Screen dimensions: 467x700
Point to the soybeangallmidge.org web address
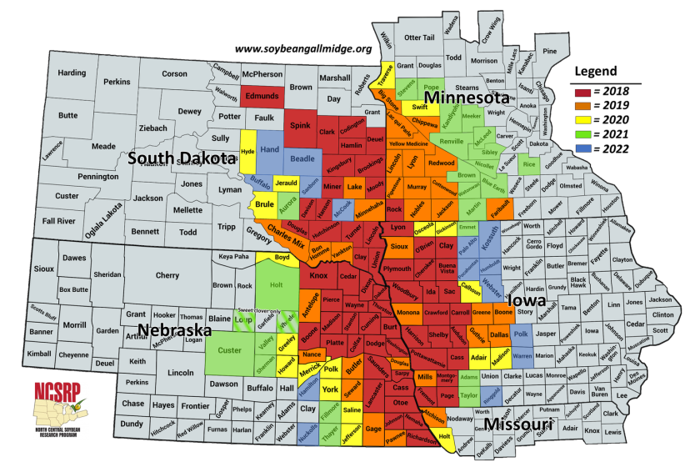302,48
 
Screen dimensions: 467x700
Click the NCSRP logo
59,409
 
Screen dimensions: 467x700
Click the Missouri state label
517,424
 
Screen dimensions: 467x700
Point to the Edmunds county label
262,96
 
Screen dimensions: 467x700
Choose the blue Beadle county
301,158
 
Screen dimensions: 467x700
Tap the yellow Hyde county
247,151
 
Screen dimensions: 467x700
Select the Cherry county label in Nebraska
167,275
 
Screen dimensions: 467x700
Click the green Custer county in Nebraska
229,351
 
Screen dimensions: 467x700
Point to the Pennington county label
97,177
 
